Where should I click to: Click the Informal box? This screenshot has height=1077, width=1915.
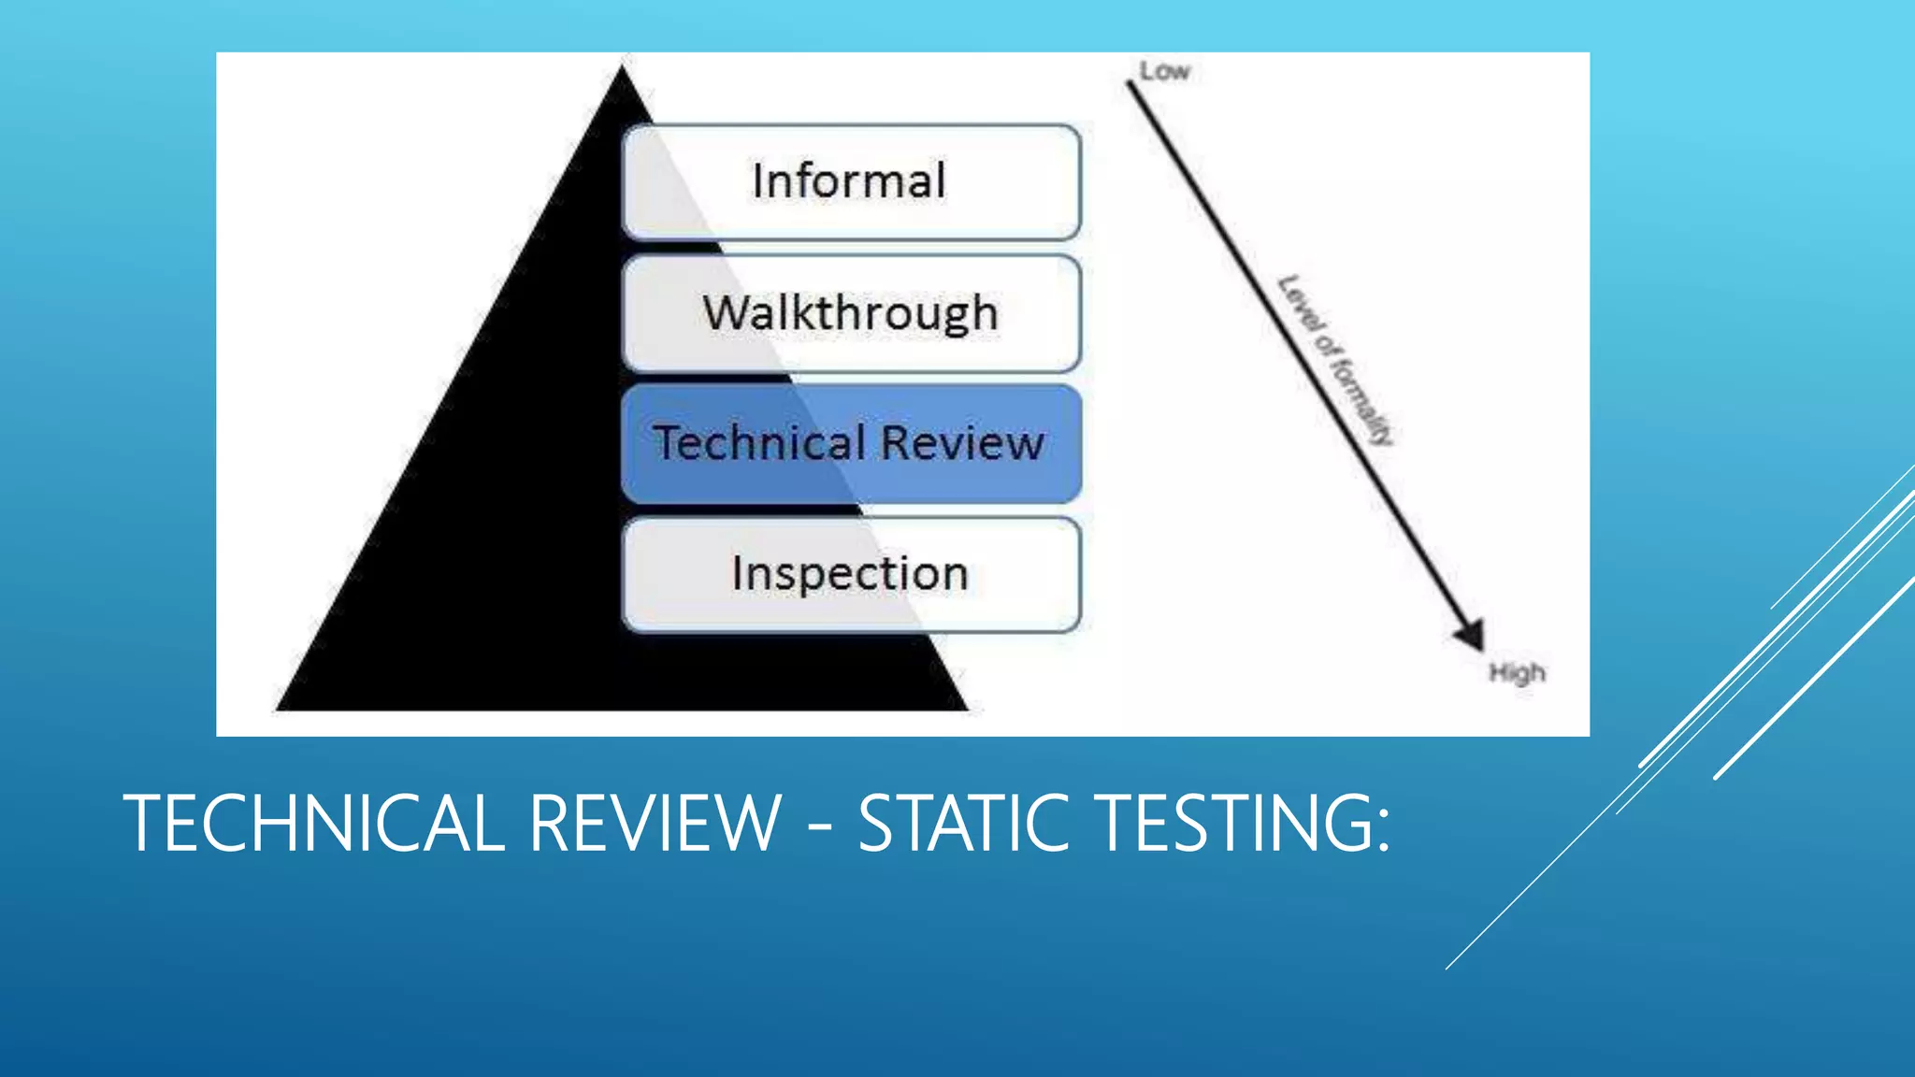tap(851, 182)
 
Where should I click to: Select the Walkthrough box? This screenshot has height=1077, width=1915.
tap(851, 313)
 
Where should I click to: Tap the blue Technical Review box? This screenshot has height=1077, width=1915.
tap(851, 443)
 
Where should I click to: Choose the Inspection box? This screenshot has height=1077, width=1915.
tap(851, 574)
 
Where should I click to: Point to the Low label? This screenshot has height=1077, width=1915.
tap(1164, 71)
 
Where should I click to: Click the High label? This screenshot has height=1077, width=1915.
tap(1517, 673)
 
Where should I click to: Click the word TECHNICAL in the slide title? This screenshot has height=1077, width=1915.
tap(313, 823)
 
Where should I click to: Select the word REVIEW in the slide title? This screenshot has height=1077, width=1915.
tap(655, 823)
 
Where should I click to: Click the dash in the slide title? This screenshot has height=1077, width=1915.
tap(819, 826)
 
